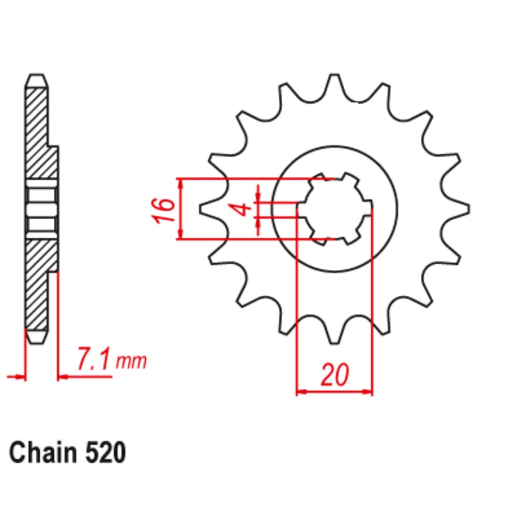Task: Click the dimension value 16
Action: [164, 210]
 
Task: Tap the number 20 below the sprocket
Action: [334, 376]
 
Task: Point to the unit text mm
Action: [131, 361]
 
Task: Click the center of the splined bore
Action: [335, 209]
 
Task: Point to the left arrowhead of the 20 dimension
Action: [299, 392]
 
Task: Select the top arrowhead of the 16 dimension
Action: [180, 183]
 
